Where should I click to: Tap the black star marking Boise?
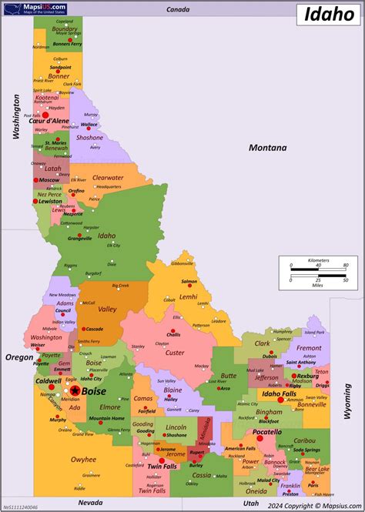point(75,391)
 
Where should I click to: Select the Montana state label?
point(267,148)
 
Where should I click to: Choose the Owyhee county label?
point(83,460)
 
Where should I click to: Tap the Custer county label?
point(175,353)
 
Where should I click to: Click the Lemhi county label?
point(189,296)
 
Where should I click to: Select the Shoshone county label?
point(89,138)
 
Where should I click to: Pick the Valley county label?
point(107,309)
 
